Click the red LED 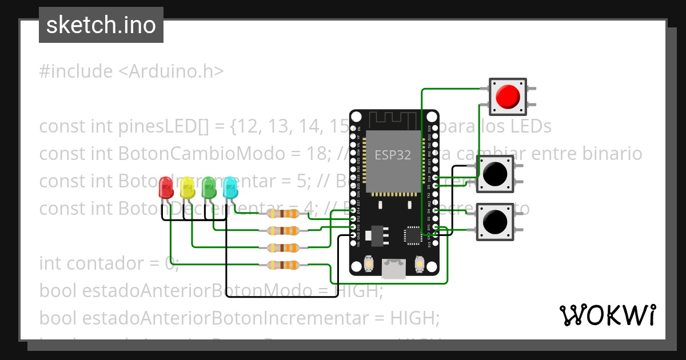click(x=166, y=187)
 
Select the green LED click(x=209, y=187)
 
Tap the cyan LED click(x=230, y=187)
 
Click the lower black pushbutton click(x=495, y=221)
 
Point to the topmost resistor click(x=282, y=214)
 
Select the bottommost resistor click(x=282, y=265)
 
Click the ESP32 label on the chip click(x=393, y=155)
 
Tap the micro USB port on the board click(x=394, y=269)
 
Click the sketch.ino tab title click(x=101, y=25)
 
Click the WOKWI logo click(x=607, y=315)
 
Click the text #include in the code click(x=76, y=71)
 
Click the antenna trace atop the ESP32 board click(x=394, y=119)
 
